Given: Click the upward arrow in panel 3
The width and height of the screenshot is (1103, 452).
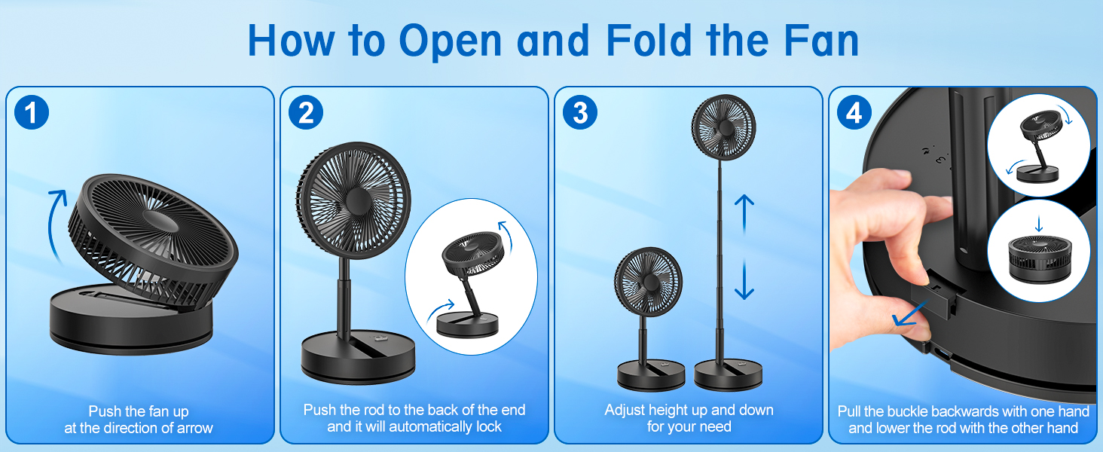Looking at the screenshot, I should (744, 215).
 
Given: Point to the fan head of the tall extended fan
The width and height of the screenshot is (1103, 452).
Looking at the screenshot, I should (723, 127).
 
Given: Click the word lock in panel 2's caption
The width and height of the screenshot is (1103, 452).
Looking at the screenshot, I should (487, 427).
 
